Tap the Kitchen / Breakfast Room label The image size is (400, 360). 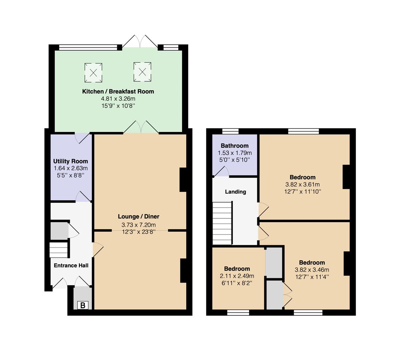tap(118, 92)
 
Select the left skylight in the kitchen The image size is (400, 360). tap(93, 73)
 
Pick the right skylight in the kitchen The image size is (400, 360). tap(142, 72)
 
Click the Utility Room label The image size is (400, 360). tap(71, 161)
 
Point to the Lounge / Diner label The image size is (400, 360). tap(139, 216)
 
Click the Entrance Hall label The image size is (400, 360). tap(71, 265)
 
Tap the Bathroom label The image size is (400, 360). tap(235, 146)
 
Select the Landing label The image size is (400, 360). tap(235, 192)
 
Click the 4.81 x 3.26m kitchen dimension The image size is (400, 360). tap(118, 99)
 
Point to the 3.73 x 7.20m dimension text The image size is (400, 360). tap(139, 225)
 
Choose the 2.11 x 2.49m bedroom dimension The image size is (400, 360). tap(237, 276)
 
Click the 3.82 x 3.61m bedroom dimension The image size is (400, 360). tap(302, 184)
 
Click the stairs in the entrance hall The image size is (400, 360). tap(59, 250)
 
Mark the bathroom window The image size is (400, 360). tap(230, 131)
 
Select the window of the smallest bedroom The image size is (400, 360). tap(238, 313)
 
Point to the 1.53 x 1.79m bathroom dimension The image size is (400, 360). tap(235, 153)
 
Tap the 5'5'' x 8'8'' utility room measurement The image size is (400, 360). tap(71, 175)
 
